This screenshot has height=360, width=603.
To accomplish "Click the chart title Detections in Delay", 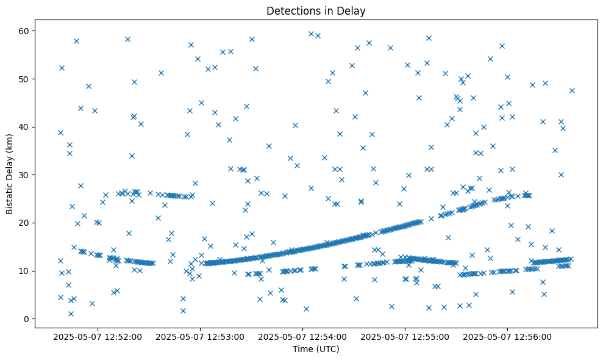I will pos(316,10).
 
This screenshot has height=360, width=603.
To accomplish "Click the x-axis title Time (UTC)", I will pos(316,349).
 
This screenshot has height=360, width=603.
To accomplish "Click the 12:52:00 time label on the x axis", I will pos(98,336).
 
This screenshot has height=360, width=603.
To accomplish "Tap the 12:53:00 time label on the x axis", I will pos(200,336).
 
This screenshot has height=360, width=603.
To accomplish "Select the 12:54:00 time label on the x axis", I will pos(302,336).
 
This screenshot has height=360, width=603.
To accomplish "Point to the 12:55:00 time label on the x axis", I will pos(405,336).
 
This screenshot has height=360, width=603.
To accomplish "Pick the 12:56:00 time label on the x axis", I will pos(507,336).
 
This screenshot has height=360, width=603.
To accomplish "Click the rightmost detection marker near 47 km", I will pos(572,90).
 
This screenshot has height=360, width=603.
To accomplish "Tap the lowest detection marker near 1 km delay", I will pos(71,314).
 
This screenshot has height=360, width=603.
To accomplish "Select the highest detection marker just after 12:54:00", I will pos(311,34).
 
